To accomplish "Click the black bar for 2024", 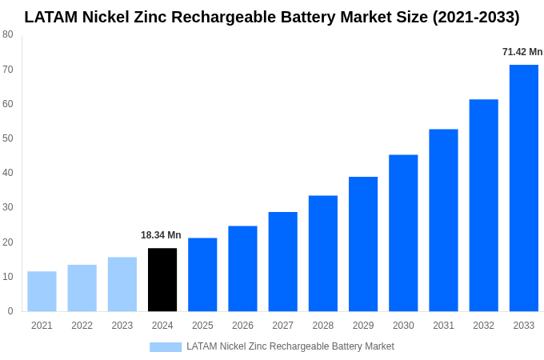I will tap(162, 280).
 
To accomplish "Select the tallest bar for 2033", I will tap(524, 188).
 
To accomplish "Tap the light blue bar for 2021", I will tap(42, 291).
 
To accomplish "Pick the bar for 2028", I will tap(323, 254).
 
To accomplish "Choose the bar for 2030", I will tap(403, 233).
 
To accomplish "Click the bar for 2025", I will tap(202, 274).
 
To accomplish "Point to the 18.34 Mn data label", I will tap(161, 235).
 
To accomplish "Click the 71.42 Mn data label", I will tap(522, 52).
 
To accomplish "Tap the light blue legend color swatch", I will tap(166, 347).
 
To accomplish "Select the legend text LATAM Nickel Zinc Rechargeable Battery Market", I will tap(290, 346).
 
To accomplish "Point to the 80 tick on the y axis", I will tap(8, 34).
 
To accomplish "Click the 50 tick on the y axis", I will tap(8, 138).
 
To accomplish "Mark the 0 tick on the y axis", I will tap(10, 311).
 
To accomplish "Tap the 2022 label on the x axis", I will tap(82, 326).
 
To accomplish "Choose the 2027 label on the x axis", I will tap(282, 326).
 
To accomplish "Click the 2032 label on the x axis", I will tap(483, 326).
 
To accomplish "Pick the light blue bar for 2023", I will tap(122, 284).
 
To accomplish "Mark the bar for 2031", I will tap(443, 220).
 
